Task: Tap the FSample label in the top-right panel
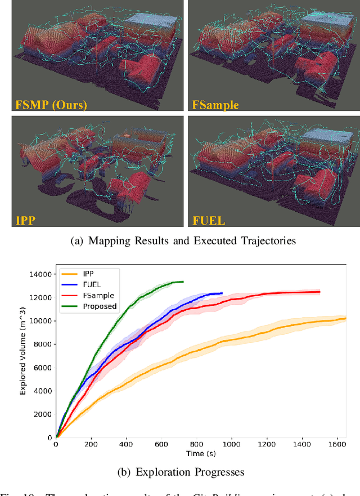[215, 105]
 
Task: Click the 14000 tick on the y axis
[41, 274]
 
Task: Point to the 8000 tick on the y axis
[43, 344]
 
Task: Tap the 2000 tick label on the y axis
[43, 414]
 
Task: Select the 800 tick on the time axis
[197, 445]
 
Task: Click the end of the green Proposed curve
[183, 281]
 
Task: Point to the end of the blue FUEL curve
[222, 293]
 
